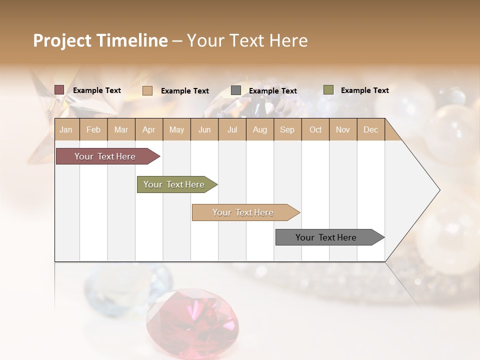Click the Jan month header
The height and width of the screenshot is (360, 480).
tap(66, 129)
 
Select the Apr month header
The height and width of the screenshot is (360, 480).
tap(149, 129)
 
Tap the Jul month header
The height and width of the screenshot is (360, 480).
tap(232, 129)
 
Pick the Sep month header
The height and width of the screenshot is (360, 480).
tap(287, 129)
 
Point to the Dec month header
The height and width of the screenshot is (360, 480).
tap(370, 129)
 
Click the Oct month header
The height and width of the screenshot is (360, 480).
tap(315, 129)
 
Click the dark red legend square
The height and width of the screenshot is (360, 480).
tap(59, 90)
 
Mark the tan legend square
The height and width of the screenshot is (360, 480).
tap(147, 90)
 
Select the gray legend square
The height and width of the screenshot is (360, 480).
tap(236, 90)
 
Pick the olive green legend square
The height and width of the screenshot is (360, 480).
tap(328, 90)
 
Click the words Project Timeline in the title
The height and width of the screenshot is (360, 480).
tap(100, 40)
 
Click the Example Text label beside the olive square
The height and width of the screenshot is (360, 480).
tap(364, 90)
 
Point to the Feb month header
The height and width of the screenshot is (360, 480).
tap(93, 129)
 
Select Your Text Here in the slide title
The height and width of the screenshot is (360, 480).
tap(247, 40)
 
